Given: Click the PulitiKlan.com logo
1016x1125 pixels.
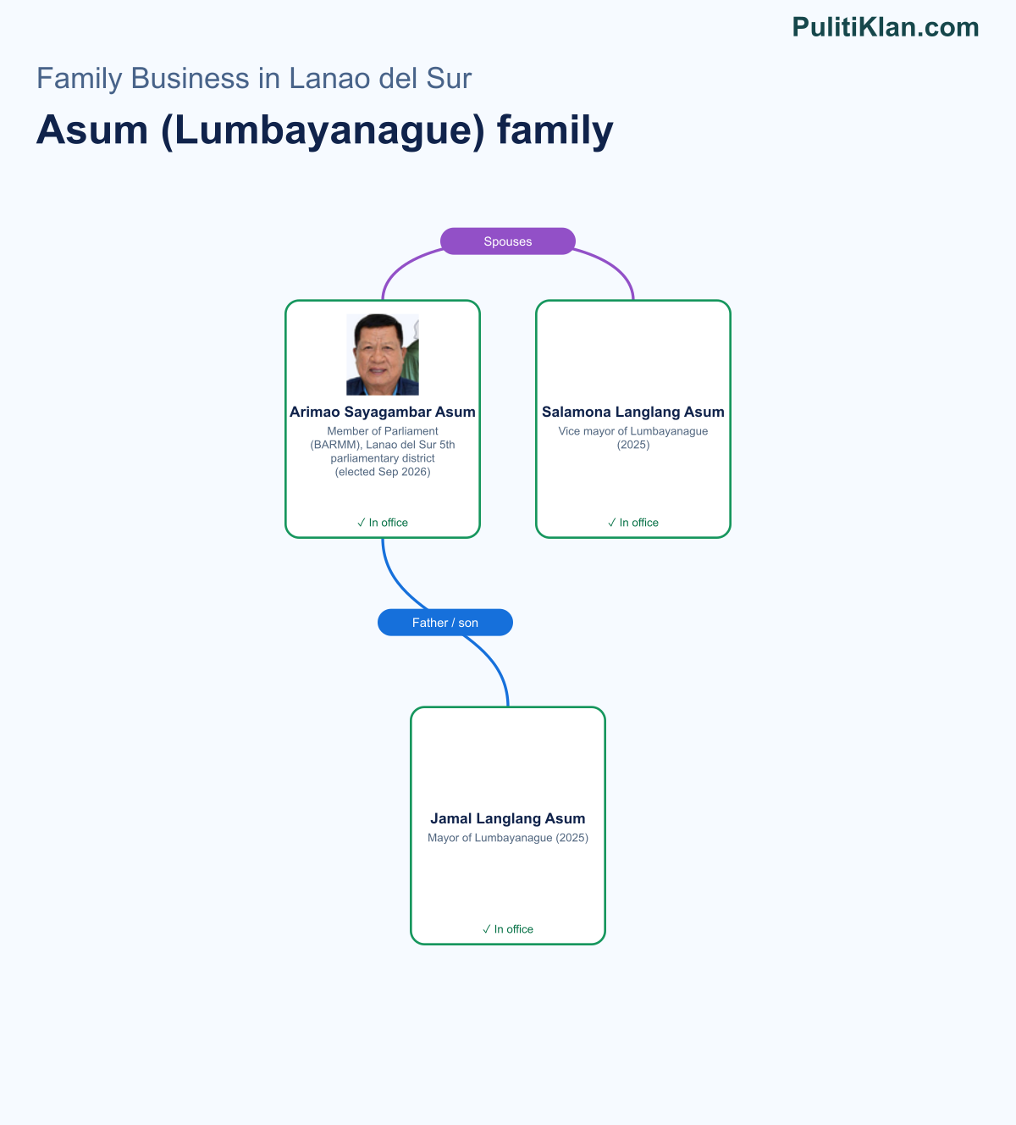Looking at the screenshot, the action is pos(886,27).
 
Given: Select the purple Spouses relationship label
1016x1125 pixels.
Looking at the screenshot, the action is pos(508,241).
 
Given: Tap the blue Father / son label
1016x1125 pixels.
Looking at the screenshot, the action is pos(445,623).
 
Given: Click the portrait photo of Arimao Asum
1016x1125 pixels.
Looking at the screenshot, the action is pos(383,354).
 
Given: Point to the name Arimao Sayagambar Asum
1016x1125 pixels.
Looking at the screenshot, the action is pos(383,412).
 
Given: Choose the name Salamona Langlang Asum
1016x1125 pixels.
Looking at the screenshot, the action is pos(633,412).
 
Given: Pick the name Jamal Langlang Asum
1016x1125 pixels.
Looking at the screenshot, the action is pos(508,818).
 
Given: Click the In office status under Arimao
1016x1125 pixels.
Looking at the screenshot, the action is pos(383,523).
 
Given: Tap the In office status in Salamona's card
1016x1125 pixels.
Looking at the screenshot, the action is pos(633,523).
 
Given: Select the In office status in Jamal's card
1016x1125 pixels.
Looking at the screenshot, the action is pos(508,929).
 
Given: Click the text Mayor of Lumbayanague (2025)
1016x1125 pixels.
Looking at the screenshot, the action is pos(508,838).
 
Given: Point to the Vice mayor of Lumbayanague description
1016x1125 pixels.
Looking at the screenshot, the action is pos(633,438).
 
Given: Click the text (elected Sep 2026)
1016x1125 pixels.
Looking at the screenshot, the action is pos(383,472).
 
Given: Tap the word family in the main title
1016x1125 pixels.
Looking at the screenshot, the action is pos(555,130).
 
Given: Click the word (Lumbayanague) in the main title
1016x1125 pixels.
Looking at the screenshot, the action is pos(323,130).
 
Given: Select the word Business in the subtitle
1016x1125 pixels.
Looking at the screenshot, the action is pos(190,78).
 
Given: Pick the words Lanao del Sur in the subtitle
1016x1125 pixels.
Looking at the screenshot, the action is pos(380,78).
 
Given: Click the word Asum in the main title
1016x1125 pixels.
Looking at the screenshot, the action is pos(92,130).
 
